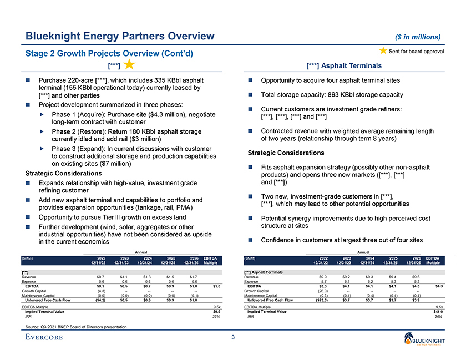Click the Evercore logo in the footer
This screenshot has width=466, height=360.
49,338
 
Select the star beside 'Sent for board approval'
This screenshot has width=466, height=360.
383,52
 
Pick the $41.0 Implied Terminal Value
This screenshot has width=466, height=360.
438,312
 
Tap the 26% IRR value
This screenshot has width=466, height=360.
438,317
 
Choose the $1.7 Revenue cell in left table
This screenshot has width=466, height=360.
194,276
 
